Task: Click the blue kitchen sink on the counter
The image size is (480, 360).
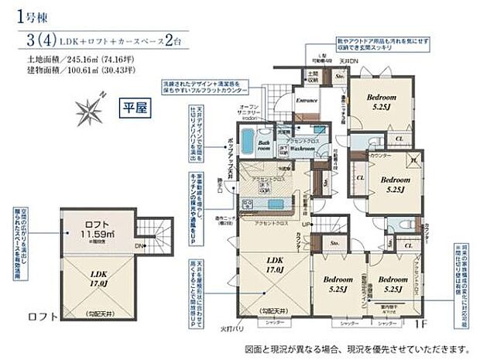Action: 274,204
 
